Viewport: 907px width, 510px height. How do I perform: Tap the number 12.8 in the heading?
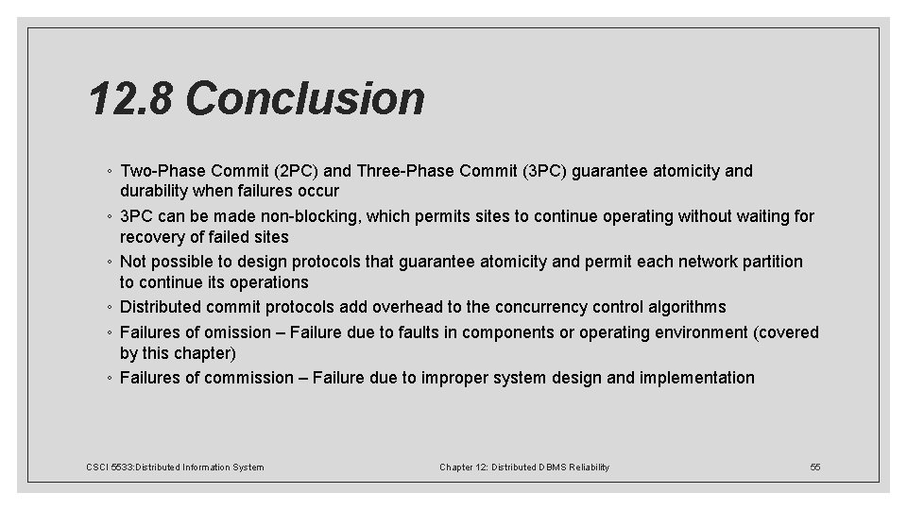point(132,98)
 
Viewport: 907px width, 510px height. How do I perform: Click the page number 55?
point(815,467)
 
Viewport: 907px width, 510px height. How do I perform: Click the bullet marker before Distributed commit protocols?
point(111,308)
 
